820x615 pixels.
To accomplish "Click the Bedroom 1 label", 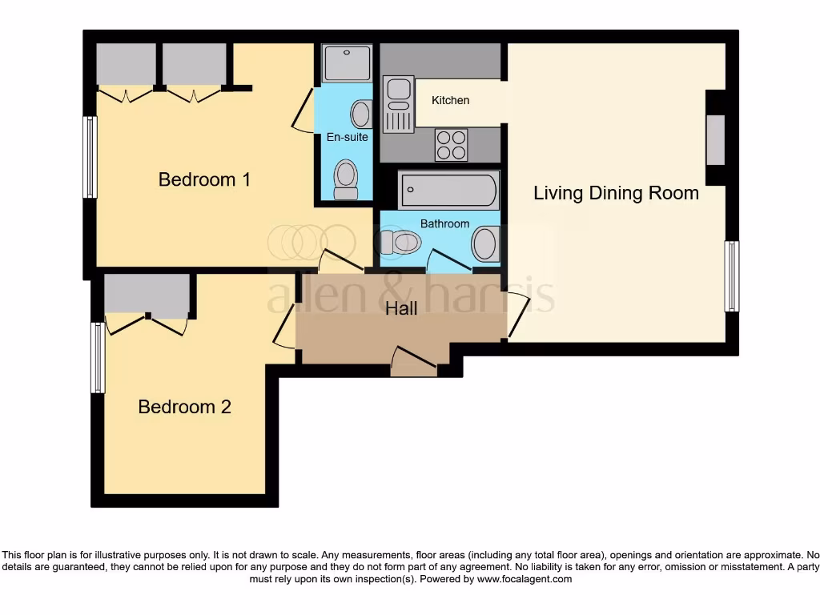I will [204, 179].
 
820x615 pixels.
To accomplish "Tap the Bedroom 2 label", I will [184, 407].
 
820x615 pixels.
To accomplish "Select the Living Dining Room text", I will [616, 193].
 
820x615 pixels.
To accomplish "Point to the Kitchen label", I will [450, 100].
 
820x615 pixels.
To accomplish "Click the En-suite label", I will [347, 137].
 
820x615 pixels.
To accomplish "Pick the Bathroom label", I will [444, 223].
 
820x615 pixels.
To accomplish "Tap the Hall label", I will [401, 308].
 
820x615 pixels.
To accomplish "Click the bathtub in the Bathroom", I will [448, 191].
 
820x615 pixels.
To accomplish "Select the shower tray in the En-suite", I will [347, 63].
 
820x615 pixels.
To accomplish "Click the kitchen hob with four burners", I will [451, 145].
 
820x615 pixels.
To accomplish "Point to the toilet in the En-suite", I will [346, 179].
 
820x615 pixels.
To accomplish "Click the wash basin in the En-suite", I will [361, 114].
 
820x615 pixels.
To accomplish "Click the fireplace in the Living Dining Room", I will [714, 139].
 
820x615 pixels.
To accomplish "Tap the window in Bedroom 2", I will [98, 357].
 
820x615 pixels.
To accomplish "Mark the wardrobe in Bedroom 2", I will [147, 294].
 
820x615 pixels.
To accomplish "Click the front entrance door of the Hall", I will [414, 360].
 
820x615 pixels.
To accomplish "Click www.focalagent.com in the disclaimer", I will [524, 579].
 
